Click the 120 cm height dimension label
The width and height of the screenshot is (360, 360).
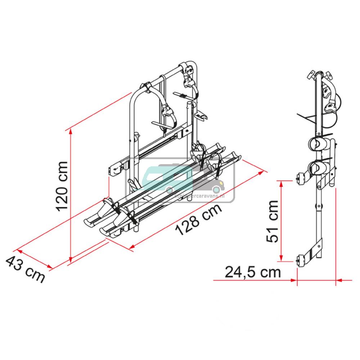(59, 186)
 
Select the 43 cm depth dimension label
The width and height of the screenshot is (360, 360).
(25, 269)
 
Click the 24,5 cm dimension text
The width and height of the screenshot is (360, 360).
(252, 272)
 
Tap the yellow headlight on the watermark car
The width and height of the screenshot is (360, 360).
(216, 189)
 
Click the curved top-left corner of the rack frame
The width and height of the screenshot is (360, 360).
(135, 93)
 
